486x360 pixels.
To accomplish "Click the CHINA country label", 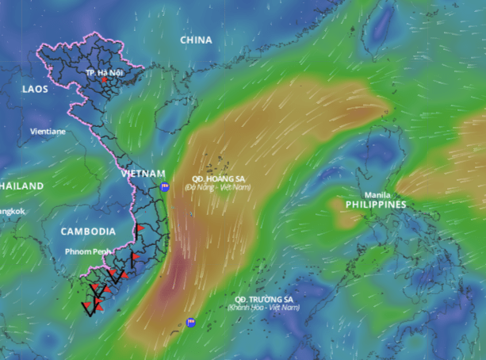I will [x=196, y=40].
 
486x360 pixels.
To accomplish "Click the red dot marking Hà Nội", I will [x=103, y=79].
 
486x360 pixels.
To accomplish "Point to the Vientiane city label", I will [x=48, y=131].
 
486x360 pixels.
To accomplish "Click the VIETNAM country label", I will [x=144, y=173].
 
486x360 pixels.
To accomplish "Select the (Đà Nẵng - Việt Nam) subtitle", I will [x=218, y=187].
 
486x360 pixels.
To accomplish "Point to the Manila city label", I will [x=377, y=195].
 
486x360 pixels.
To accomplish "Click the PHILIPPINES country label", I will [x=376, y=205].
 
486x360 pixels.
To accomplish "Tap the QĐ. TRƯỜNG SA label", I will [x=264, y=298].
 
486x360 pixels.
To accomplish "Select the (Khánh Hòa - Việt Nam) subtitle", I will [x=264, y=307].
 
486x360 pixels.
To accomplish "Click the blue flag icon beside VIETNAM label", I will [x=165, y=187].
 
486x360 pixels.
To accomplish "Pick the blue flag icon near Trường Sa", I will [x=190, y=322].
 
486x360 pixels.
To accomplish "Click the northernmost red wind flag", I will [x=140, y=228].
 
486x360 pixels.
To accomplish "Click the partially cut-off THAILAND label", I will [x=21, y=186].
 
